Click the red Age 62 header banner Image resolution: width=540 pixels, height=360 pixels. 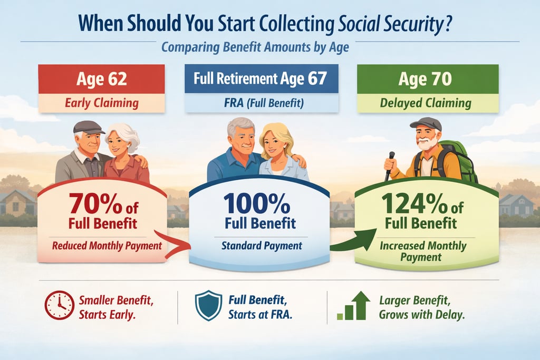coord(101,80)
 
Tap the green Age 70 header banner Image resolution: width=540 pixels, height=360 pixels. coord(428,80)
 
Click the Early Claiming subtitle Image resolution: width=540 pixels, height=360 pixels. coord(101,103)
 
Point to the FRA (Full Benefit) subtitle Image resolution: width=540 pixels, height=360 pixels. coord(261,103)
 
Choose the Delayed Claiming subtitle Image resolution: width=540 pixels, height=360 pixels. coord(428,103)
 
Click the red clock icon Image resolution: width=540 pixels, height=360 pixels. coord(59,305)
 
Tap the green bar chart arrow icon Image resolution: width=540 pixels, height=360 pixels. coord(353,306)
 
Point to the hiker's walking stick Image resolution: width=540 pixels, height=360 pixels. coord(389,166)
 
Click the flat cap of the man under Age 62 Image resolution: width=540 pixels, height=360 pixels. coord(88,127)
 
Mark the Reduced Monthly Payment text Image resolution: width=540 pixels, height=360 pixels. coord(107,245)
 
